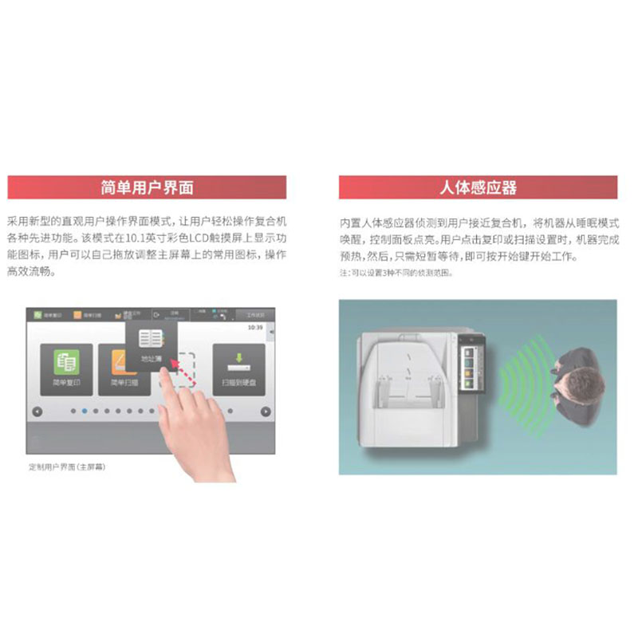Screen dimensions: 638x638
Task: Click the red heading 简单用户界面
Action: [x=148, y=187]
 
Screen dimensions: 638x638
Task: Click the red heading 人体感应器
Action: [x=478, y=187]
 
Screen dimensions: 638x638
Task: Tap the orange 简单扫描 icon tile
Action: [x=118, y=367]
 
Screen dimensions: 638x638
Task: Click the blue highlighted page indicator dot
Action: [x=84, y=412]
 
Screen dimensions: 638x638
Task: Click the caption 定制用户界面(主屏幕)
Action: [x=66, y=467]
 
